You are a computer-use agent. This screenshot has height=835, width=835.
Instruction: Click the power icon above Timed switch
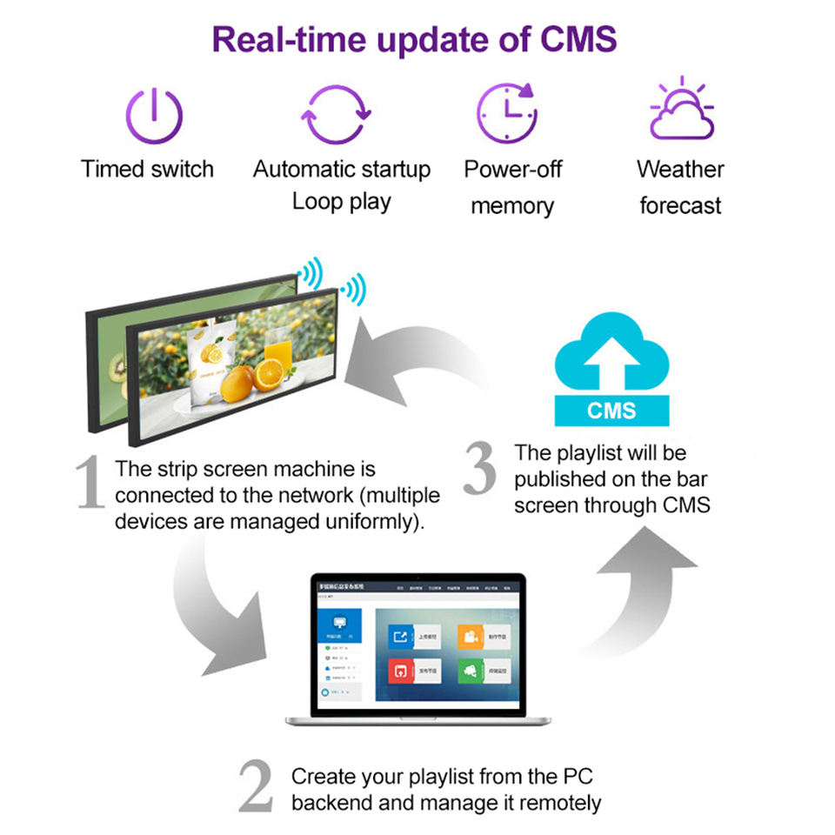tap(154, 117)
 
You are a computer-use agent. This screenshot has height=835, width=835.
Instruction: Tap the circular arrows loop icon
tap(336, 115)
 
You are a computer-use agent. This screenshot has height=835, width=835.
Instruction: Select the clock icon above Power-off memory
tap(506, 113)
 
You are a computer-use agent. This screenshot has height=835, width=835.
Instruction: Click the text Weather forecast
tap(680, 187)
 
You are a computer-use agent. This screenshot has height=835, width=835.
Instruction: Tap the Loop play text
tap(341, 202)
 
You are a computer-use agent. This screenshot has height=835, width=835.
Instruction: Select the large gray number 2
tap(256, 787)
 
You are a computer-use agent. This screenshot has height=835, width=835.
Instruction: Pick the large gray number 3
tap(479, 470)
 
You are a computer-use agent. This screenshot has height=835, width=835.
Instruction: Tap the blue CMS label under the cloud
tap(611, 410)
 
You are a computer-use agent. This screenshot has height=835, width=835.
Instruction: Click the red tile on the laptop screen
tap(400, 671)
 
